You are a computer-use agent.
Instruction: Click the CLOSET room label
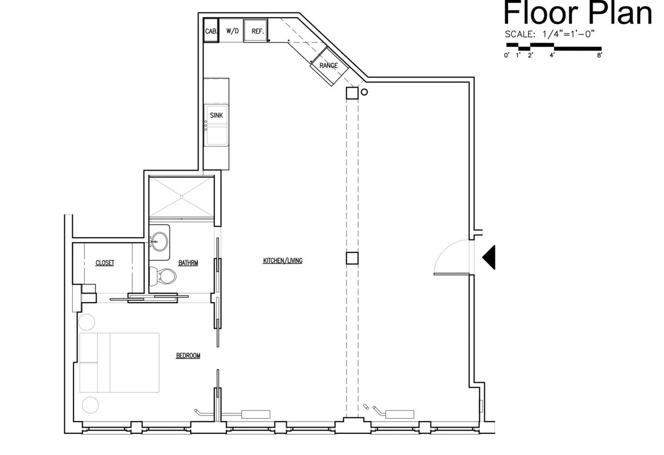tap(105, 263)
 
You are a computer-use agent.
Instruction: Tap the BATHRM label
tap(188, 263)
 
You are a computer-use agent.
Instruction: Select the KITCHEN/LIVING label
tap(282, 261)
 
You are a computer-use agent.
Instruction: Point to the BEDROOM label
tap(188, 355)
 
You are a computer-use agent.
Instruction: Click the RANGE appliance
tap(328, 65)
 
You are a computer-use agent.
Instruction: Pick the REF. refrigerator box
tap(257, 31)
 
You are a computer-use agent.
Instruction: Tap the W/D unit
tap(232, 31)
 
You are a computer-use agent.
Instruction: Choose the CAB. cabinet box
tap(210, 31)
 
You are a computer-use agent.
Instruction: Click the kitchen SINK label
tap(217, 115)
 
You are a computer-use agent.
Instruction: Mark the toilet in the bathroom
tap(162, 276)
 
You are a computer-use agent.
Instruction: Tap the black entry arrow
tap(489, 257)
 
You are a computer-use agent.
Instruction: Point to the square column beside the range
tap(352, 93)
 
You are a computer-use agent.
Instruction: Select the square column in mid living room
tap(352, 258)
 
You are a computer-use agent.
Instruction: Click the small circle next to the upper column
tap(364, 92)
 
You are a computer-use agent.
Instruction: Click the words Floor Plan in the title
tap(578, 14)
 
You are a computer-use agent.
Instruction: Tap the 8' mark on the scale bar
tap(599, 55)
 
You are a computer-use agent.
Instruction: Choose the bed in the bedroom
tap(119, 362)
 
